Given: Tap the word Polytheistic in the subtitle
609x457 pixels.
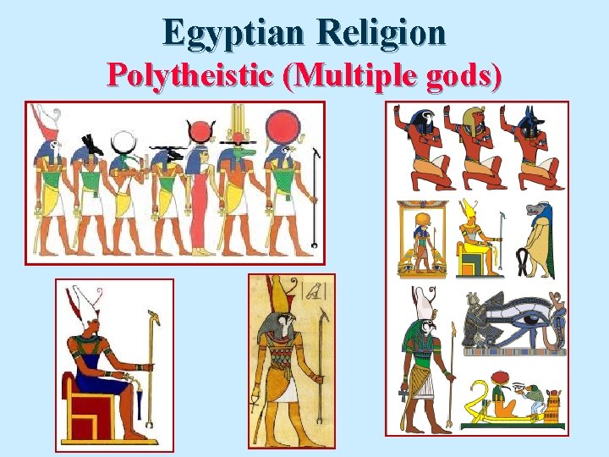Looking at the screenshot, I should pyautogui.click(x=193, y=76).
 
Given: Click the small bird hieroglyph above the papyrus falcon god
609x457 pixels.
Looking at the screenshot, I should pyautogui.click(x=312, y=293).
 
